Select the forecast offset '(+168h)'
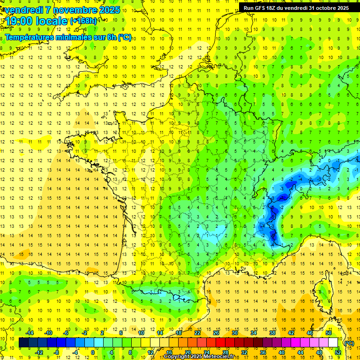click(83, 21)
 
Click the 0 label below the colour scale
click(93, 352)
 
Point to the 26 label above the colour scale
click(216, 333)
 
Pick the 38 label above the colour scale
click(272, 333)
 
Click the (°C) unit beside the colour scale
click(348, 343)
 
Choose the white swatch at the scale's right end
click(333, 343)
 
